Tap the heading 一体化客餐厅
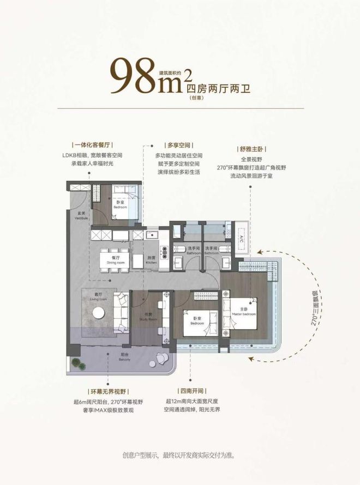tap(91, 146)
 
